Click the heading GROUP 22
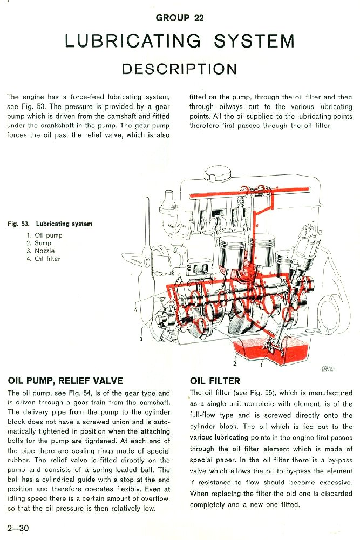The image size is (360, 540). point(180,18)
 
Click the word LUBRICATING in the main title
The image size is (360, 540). point(132,41)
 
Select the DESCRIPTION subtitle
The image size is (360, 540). point(180,69)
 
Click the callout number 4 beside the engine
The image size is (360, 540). point(135,309)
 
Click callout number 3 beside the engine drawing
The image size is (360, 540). point(140,339)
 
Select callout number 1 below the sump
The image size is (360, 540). point(262,364)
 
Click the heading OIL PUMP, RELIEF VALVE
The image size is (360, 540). point(65,381)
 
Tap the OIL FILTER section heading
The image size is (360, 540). point(215,381)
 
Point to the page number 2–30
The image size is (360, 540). point(18,528)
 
